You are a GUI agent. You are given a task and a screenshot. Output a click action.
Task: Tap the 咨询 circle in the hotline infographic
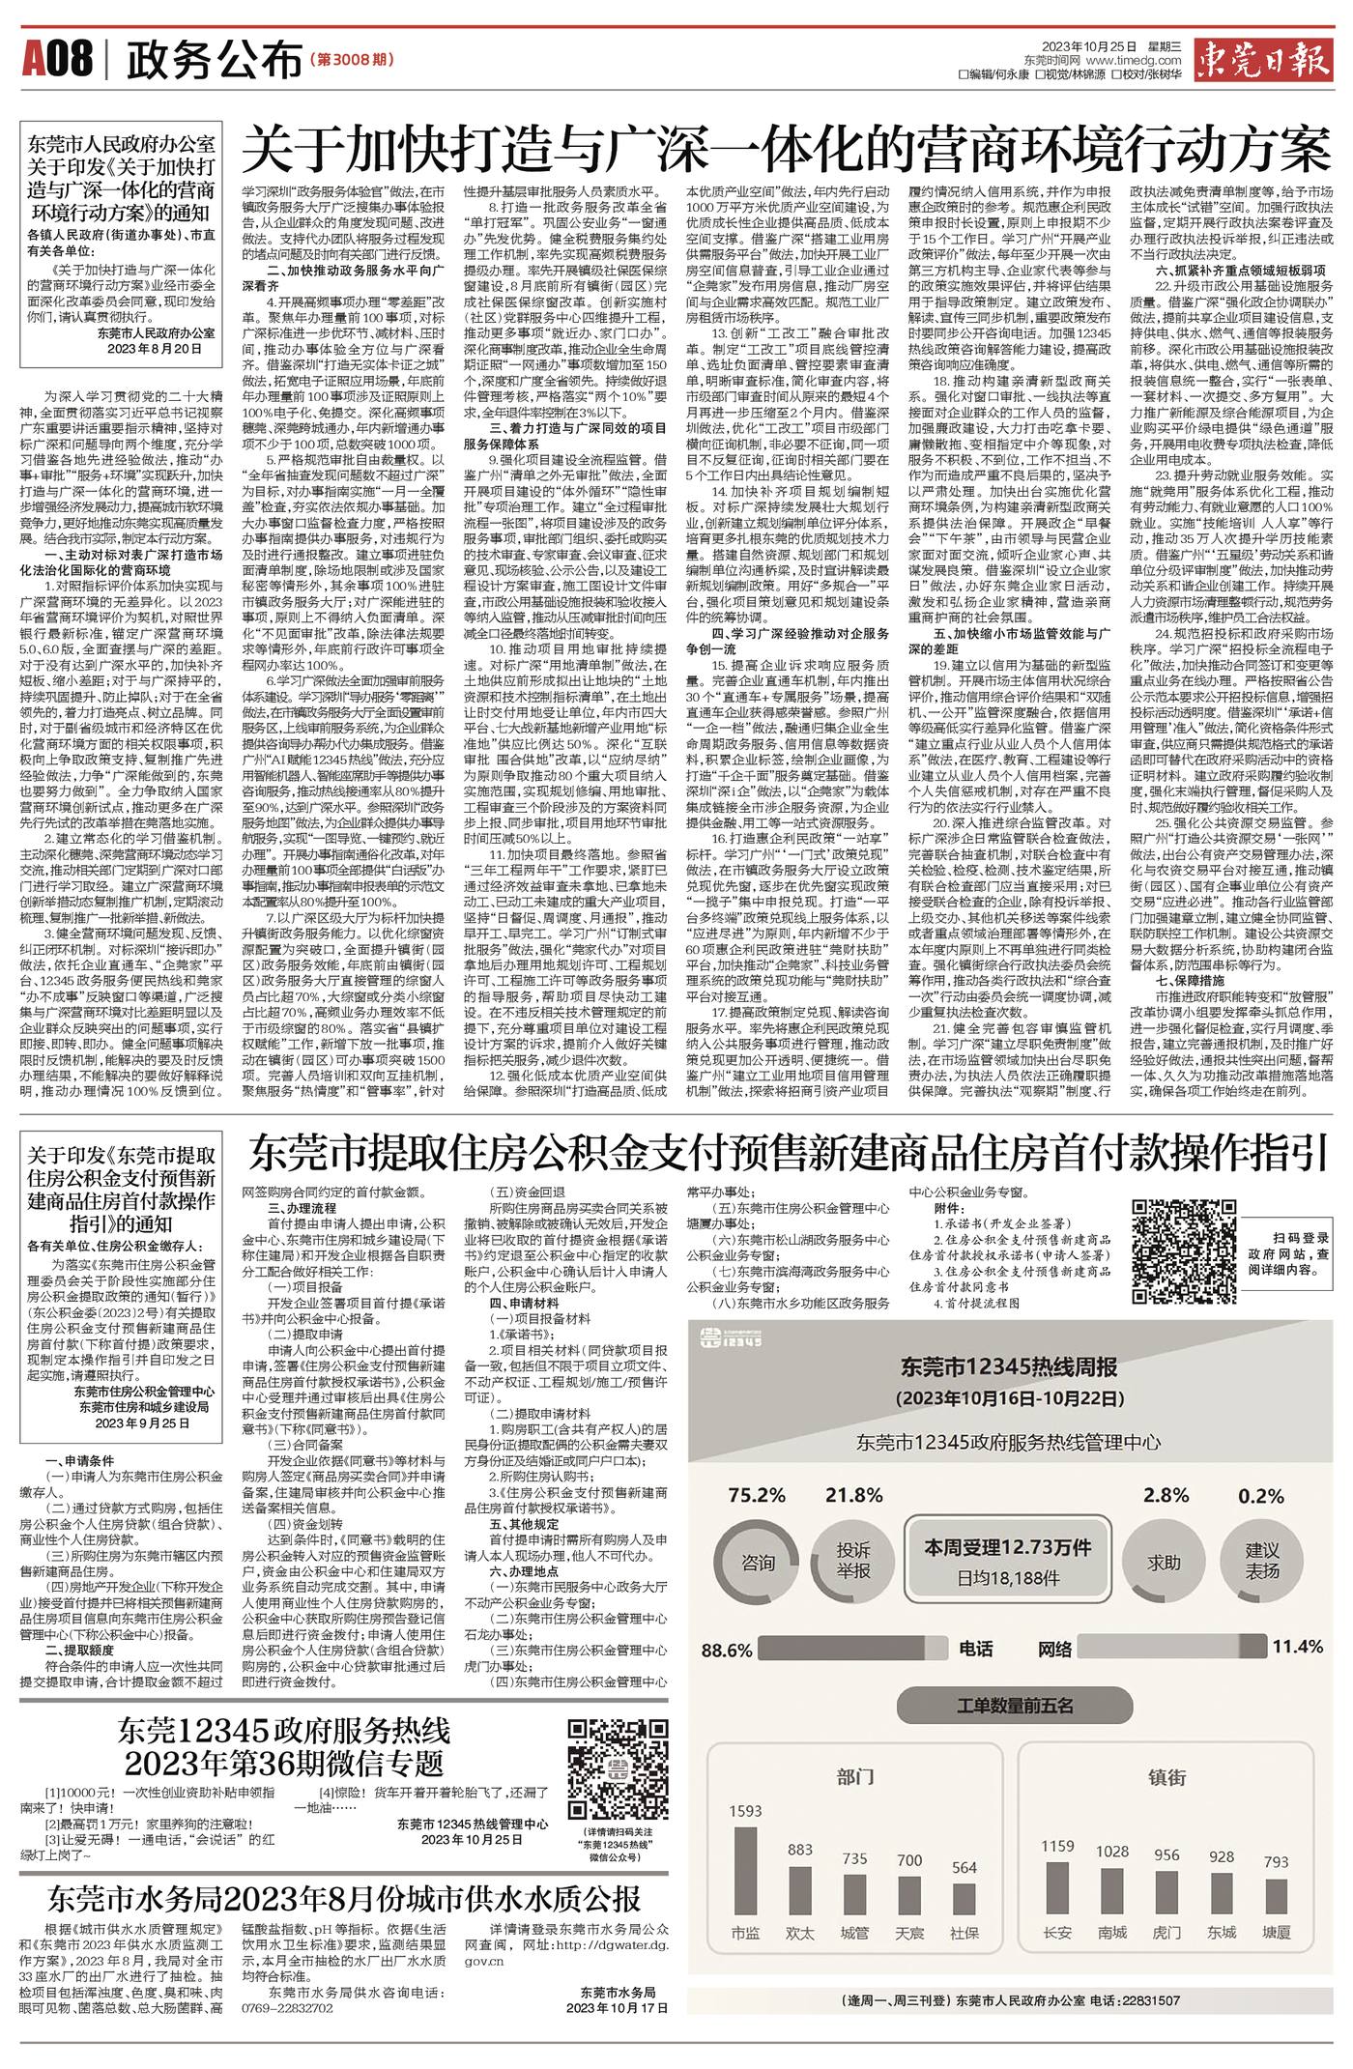coord(758,1563)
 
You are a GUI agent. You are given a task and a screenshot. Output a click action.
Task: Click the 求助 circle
coord(1165,1562)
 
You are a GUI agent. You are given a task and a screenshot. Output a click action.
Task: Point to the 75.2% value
coord(757,1495)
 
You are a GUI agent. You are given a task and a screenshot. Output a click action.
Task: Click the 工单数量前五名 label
coord(1015,1706)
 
